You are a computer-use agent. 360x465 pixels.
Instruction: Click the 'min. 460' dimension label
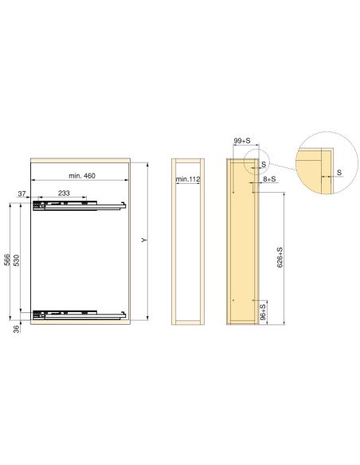click(76, 175)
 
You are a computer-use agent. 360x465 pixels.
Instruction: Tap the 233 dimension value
click(65, 193)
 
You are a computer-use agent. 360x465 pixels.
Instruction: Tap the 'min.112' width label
click(188, 181)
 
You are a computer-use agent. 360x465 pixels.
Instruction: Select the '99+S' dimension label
click(243, 141)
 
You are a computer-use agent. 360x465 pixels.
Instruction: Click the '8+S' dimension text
click(269, 180)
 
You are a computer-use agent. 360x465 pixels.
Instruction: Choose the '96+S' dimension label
click(263, 311)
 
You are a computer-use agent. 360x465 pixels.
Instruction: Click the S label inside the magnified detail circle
click(340, 172)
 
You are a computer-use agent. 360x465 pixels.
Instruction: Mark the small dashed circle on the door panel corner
click(256, 162)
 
